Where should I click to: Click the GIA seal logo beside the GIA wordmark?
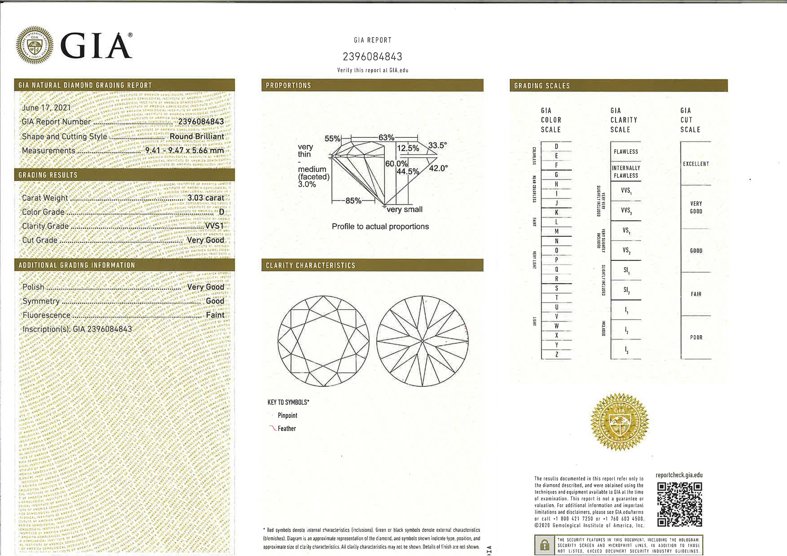click(x=35, y=45)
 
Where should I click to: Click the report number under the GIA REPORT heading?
click(x=372, y=57)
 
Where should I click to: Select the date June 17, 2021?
click(x=46, y=108)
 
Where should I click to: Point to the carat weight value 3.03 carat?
click(x=206, y=198)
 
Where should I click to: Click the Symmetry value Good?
click(x=215, y=301)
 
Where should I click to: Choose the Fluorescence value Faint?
click(x=215, y=315)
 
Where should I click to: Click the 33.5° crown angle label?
click(x=437, y=145)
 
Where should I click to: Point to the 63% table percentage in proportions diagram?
click(x=386, y=138)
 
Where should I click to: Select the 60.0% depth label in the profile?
click(x=396, y=163)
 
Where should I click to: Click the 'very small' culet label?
click(x=404, y=209)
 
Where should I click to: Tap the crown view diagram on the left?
click(x=323, y=341)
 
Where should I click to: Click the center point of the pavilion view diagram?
click(x=422, y=341)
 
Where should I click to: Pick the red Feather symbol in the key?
click(x=272, y=428)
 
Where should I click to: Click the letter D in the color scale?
click(x=556, y=146)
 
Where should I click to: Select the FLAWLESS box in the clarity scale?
click(x=626, y=152)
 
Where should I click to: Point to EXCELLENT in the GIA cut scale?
click(x=696, y=164)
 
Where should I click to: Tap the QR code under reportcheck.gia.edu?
click(x=679, y=504)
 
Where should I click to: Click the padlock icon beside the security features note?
click(x=544, y=545)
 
